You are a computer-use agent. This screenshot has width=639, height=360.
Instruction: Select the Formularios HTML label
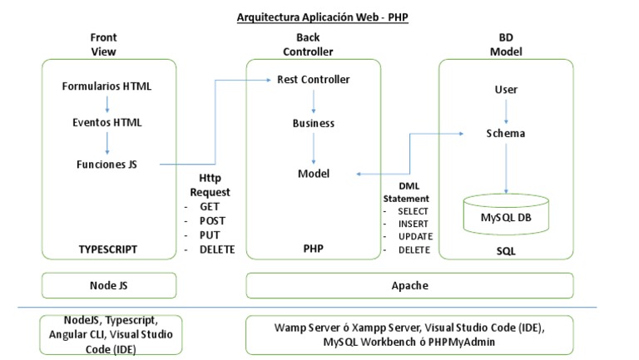point(107,86)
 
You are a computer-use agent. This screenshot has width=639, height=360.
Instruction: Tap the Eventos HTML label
point(107,122)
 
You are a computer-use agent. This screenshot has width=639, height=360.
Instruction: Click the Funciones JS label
point(107,164)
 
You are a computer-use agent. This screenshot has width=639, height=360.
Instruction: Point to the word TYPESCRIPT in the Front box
point(107,249)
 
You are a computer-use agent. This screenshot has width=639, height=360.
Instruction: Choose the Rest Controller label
point(313,80)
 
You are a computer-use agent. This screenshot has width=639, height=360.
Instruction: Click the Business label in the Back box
point(313,123)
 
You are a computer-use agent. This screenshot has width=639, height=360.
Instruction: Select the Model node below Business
point(314,173)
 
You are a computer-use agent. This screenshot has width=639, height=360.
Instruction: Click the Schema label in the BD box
point(505,133)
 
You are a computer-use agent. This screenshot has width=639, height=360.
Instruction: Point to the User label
point(505,89)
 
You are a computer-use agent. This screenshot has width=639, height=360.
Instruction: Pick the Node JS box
point(108,285)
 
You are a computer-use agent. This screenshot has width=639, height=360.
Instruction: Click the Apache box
point(409,285)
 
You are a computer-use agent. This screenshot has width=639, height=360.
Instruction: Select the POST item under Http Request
point(212,220)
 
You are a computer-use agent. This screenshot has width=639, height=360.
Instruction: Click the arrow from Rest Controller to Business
point(313,101)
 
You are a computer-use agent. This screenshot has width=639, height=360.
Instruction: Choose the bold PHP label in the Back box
point(313,249)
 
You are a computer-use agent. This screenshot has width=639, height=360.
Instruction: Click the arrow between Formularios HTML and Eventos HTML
point(107,104)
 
